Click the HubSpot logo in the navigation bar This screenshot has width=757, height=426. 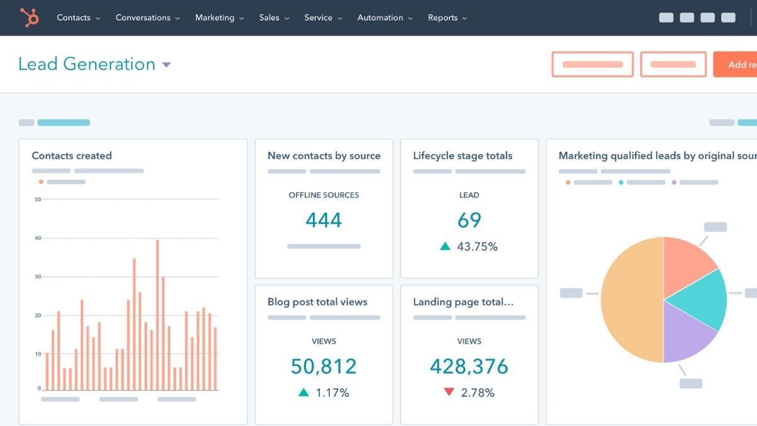tap(29, 17)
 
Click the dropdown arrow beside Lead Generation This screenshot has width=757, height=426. tap(167, 65)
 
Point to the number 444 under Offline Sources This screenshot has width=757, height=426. tap(324, 220)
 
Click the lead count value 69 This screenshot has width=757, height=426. tap(469, 220)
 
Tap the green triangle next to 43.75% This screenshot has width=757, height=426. tap(445, 247)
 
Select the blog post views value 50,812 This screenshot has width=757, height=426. tap(324, 366)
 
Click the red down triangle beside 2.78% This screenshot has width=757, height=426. tap(449, 393)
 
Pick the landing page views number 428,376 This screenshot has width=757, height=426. tap(469, 366)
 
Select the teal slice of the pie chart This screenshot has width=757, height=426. tap(700, 299)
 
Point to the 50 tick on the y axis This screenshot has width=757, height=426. tap(38, 199)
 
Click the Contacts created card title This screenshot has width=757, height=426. tap(72, 156)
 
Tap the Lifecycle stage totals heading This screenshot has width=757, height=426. tap(462, 156)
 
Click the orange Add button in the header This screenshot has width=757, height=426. tap(737, 64)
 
